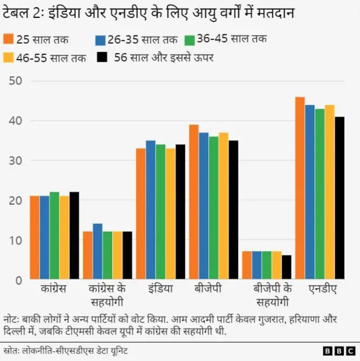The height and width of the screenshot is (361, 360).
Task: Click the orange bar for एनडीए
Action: point(300,188)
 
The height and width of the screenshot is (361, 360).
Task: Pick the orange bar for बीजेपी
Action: point(193,202)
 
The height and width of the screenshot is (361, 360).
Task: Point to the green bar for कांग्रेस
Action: point(55,236)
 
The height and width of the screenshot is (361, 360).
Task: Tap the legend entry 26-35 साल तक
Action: point(137,40)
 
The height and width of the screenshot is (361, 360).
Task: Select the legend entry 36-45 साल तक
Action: point(226,40)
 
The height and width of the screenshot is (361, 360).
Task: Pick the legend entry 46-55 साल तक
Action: point(44,57)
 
